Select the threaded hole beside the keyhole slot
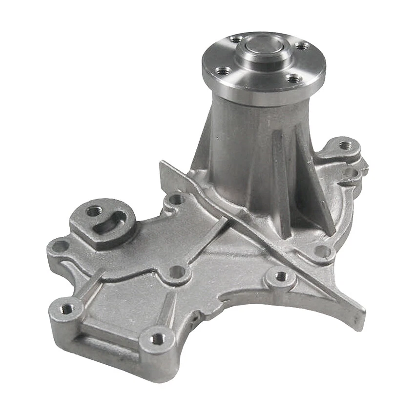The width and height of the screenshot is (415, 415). click(x=94, y=211)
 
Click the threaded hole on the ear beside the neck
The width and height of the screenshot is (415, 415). click(x=346, y=145)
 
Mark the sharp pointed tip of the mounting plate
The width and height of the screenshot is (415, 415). click(x=362, y=312)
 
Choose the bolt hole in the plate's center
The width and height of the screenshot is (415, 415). click(x=177, y=271)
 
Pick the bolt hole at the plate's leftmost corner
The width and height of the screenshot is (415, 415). click(x=60, y=246)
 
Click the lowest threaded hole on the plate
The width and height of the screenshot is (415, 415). click(x=157, y=338)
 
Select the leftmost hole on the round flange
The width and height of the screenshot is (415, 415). click(x=224, y=71)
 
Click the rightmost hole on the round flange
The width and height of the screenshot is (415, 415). click(x=302, y=46)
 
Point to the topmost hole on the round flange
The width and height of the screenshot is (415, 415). click(x=236, y=40)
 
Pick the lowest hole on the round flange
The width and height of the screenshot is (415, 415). click(x=293, y=79)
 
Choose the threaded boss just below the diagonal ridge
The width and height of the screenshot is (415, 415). click(x=281, y=277)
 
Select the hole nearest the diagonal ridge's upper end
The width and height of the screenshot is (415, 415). click(x=175, y=200)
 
